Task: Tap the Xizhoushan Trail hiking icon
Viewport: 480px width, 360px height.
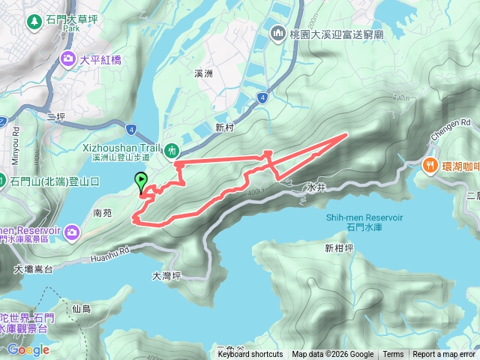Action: [x=171, y=148]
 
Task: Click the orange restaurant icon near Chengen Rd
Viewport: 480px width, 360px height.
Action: [x=430, y=164]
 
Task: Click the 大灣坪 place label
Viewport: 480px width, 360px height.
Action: [x=166, y=275]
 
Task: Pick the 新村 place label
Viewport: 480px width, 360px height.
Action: [x=225, y=128]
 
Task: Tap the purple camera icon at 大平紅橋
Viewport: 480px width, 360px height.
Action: [x=69, y=58]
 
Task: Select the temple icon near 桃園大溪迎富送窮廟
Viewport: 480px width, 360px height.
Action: [x=278, y=33]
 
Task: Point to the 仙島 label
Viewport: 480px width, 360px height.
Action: [x=82, y=309]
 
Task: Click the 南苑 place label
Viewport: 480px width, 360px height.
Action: [x=103, y=213]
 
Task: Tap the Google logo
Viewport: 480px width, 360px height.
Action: [x=28, y=349]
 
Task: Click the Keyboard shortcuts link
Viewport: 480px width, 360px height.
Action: [x=250, y=355]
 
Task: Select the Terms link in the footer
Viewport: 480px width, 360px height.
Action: [x=393, y=355]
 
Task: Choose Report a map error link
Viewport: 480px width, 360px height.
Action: [x=444, y=355]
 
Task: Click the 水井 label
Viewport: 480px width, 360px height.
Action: [x=315, y=187]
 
